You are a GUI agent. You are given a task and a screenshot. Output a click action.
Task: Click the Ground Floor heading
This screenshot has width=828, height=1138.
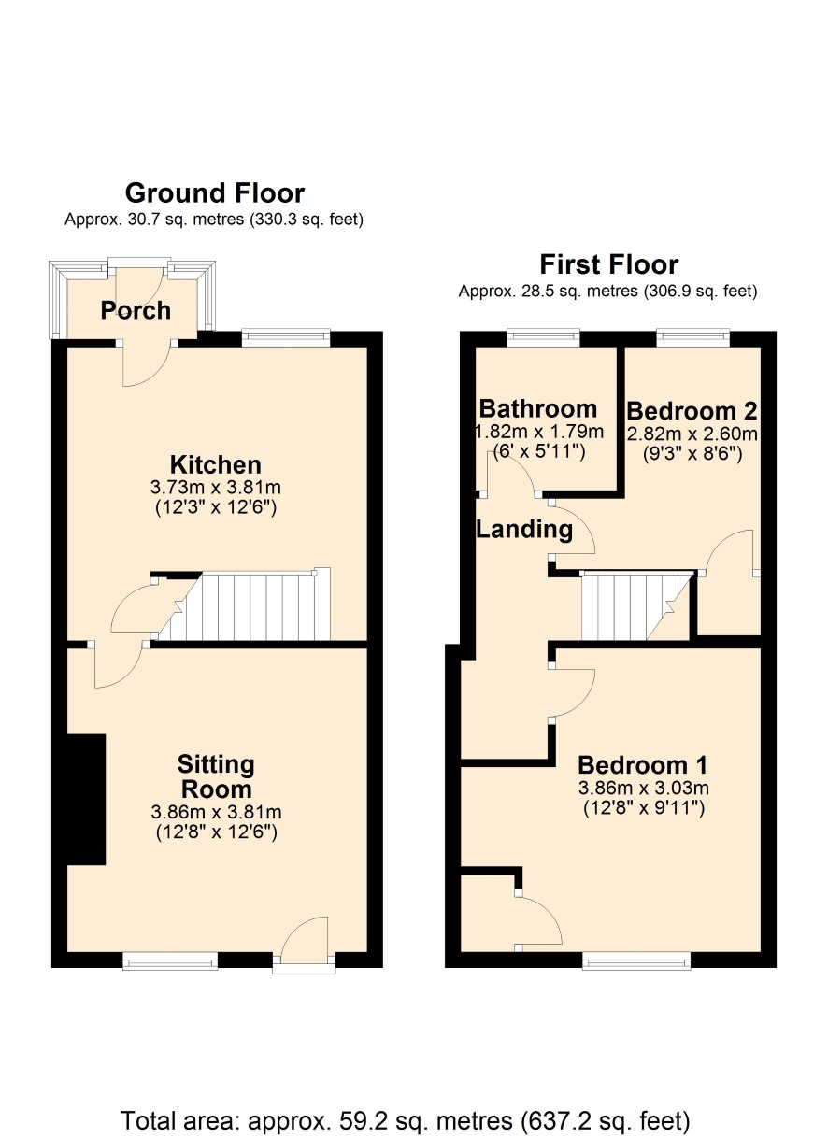(215, 193)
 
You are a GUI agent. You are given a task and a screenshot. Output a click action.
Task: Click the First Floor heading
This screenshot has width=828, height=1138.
(609, 264)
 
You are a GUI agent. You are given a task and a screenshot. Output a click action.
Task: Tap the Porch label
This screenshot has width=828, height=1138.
(136, 310)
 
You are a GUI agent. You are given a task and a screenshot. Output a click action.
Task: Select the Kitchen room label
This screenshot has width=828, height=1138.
(216, 464)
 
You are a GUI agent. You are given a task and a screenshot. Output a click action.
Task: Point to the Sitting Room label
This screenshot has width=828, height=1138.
(216, 777)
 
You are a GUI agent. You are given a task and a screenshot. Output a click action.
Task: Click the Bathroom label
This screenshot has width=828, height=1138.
(538, 408)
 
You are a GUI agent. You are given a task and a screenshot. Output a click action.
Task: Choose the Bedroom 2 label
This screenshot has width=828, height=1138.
(692, 410)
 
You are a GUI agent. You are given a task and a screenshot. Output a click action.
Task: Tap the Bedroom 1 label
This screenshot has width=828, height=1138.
(642, 779)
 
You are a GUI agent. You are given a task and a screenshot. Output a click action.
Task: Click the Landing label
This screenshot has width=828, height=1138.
(524, 530)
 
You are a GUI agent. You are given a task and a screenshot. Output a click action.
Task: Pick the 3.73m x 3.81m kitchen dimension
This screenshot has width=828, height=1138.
(216, 488)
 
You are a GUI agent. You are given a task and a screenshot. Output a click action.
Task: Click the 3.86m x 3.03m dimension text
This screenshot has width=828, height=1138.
(644, 803)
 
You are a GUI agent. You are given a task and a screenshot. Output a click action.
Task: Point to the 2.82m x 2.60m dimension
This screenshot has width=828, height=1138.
(692, 434)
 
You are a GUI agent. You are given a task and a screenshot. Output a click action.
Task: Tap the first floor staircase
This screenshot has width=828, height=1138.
(636, 606)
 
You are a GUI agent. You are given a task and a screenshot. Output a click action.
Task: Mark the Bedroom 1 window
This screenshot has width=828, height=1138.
(636, 960)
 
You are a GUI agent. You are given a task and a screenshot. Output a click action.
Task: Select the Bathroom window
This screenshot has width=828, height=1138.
(543, 338)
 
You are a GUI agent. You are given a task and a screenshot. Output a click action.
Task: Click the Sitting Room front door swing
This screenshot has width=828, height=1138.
(304, 936)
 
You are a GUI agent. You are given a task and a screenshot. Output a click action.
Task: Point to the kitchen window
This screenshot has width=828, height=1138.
(286, 338)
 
